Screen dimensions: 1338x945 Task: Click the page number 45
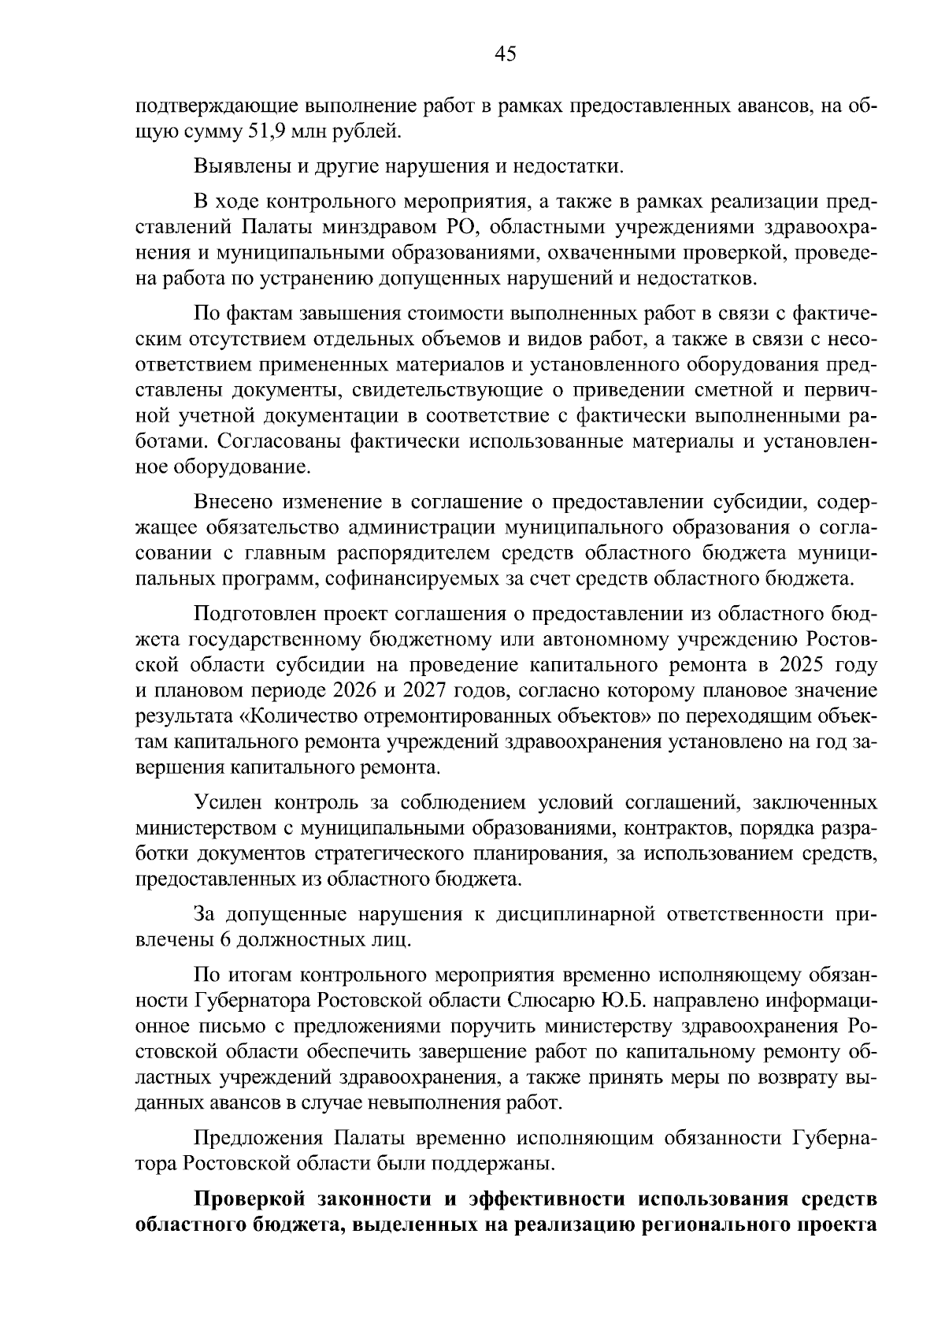[x=505, y=54]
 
